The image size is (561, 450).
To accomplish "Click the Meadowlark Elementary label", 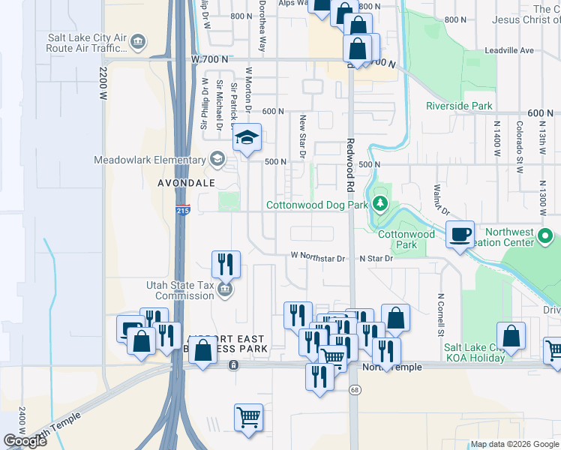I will (150, 160).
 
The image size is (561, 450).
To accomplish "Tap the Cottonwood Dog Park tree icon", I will (381, 203).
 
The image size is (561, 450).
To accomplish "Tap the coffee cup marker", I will (460, 235).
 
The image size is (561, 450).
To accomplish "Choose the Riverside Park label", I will (459, 106).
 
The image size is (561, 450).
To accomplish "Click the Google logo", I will (25, 441).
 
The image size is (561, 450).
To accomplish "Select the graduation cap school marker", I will (247, 139).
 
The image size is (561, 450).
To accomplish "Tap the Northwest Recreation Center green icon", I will (546, 238).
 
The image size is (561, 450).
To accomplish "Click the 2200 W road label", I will (103, 83).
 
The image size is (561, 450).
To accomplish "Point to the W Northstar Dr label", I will (319, 256).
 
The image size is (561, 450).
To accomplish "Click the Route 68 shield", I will (354, 388).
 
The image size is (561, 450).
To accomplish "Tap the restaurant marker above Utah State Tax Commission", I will (226, 265).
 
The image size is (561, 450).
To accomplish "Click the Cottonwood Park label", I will (406, 239).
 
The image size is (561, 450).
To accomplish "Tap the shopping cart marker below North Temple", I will (248, 417).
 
